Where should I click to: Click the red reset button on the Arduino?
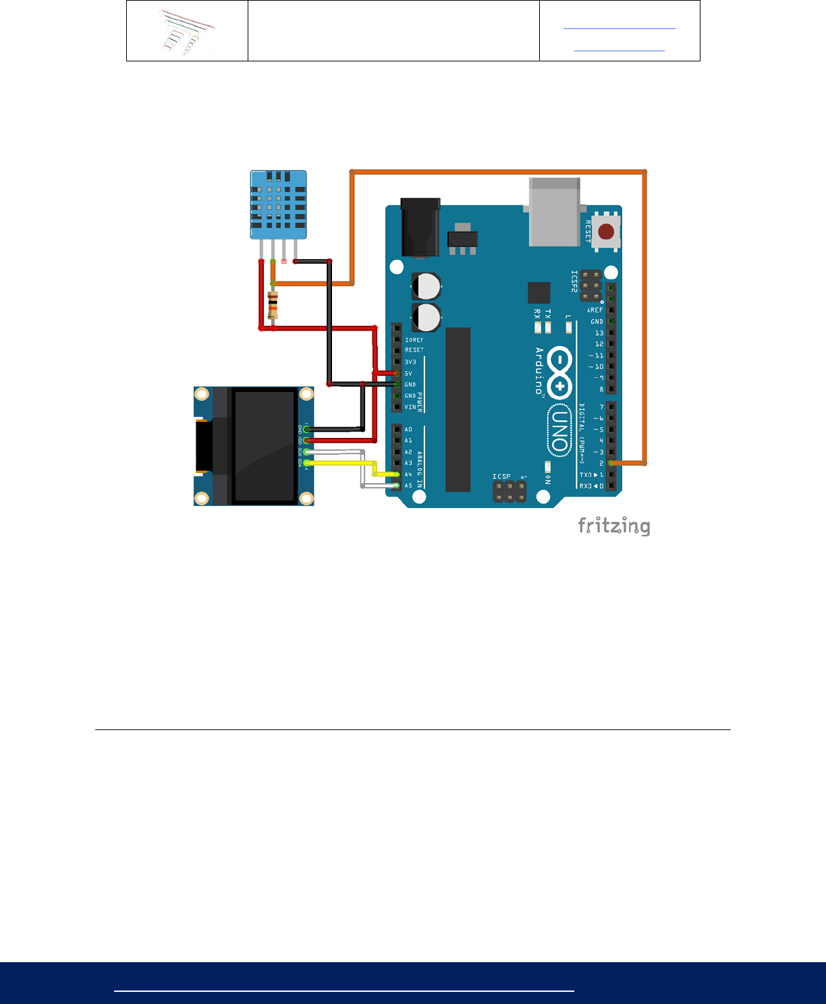pyautogui.click(x=606, y=231)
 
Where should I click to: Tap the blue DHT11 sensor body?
pyautogui.click(x=278, y=204)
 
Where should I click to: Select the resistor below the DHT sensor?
pyautogui.click(x=273, y=306)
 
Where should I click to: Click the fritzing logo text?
pyautogui.click(x=614, y=526)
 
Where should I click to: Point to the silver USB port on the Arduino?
pyautogui.click(x=554, y=211)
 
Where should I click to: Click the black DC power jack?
pyautogui.click(x=420, y=227)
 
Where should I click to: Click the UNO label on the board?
pyautogui.click(x=559, y=429)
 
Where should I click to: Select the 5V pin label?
pyautogui.click(x=408, y=373)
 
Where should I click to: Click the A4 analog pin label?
pyautogui.click(x=408, y=474)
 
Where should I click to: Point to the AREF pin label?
pyautogui.click(x=595, y=310)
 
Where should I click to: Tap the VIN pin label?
pyautogui.click(x=410, y=407)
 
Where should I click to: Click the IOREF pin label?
pyautogui.click(x=414, y=339)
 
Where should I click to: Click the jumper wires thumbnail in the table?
pyautogui.click(x=188, y=32)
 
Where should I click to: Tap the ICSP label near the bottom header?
pyautogui.click(x=501, y=476)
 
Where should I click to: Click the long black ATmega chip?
pyautogui.click(x=458, y=409)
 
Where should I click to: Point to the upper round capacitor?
pyautogui.click(x=426, y=286)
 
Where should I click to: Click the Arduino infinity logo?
pyautogui.click(x=559, y=372)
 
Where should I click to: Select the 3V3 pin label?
pyautogui.click(x=410, y=362)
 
